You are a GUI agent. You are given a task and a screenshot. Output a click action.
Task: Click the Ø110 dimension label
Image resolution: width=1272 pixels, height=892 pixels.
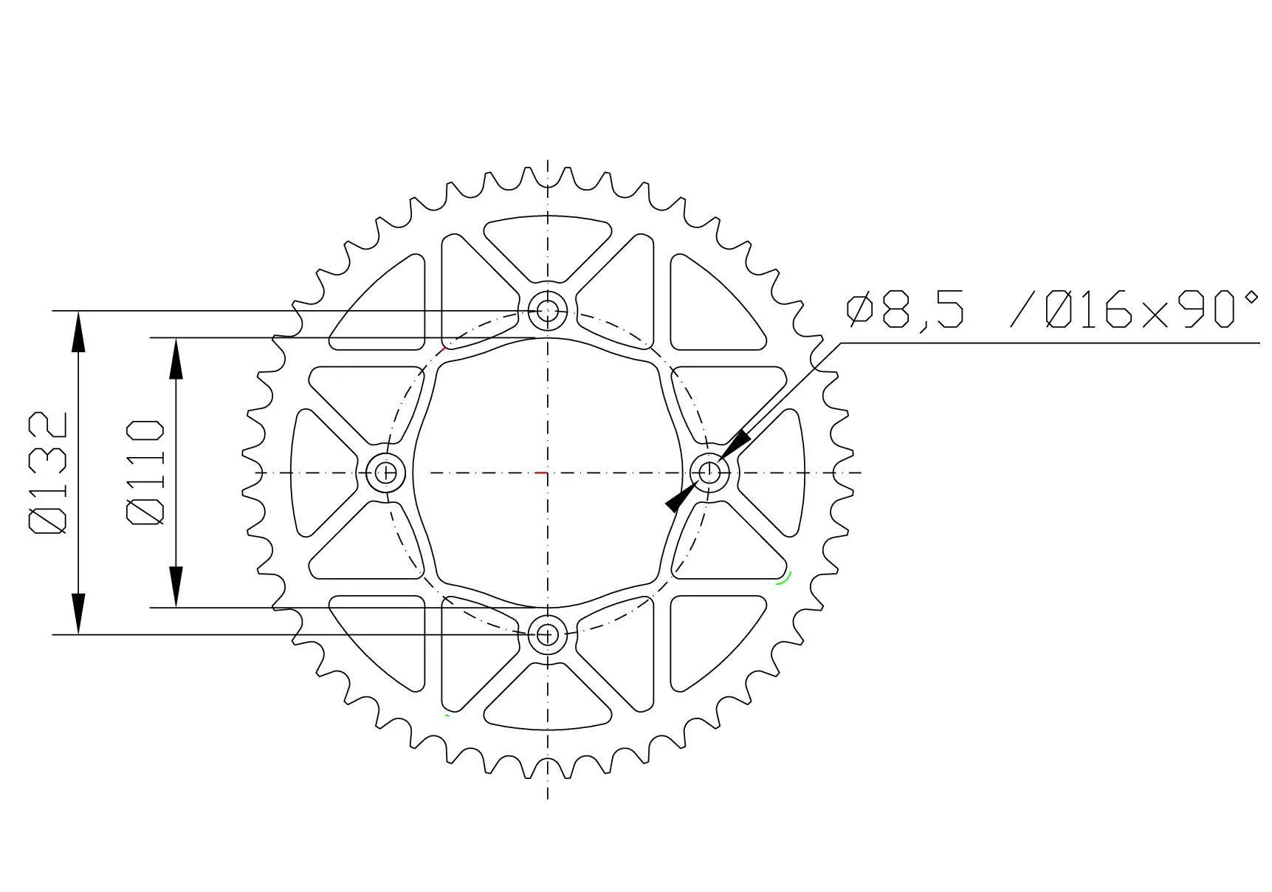click(145, 473)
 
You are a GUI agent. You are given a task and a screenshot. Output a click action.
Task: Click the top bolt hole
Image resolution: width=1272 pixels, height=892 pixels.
click(547, 310)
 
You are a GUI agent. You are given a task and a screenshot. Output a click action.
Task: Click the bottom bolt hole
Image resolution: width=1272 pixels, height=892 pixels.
click(547, 634)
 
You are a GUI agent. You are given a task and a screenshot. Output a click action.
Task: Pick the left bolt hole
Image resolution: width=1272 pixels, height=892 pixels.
click(385, 472)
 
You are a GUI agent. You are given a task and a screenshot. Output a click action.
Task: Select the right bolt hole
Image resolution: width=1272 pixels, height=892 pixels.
click(709, 471)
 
